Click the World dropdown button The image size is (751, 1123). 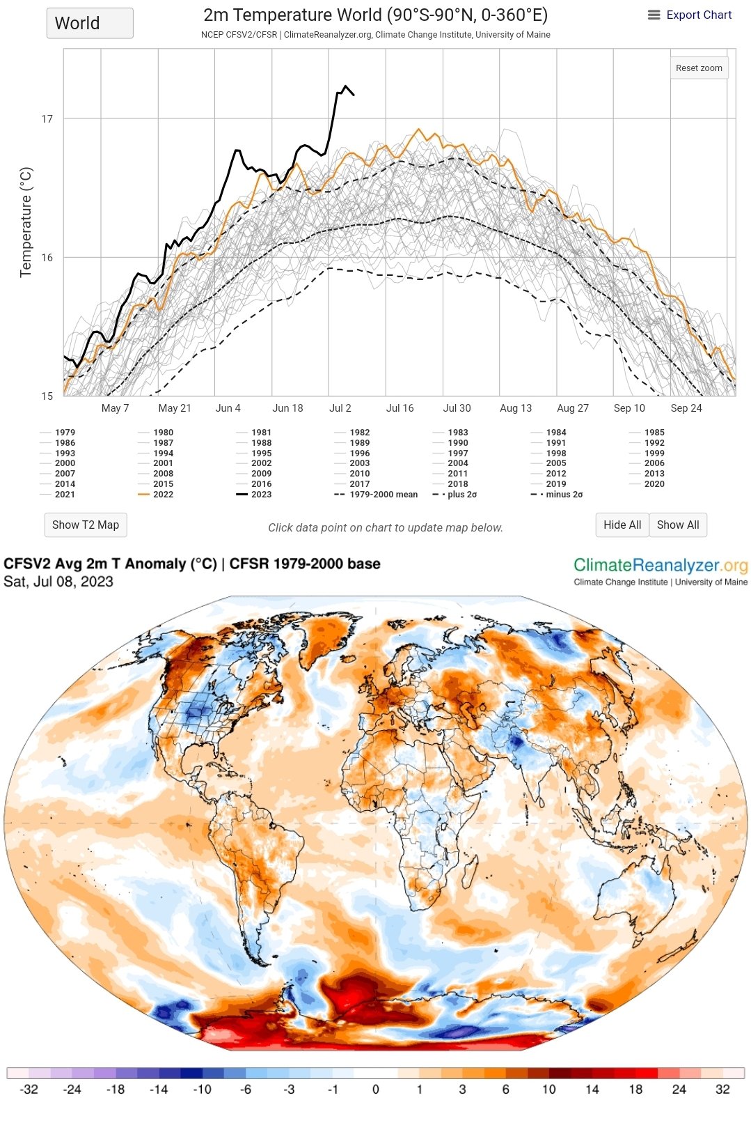coord(90,23)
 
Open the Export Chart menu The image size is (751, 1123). coord(690,15)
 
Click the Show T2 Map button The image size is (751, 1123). coord(86,525)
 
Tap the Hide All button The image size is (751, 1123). coord(622,525)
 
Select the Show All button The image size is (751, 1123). coord(677,525)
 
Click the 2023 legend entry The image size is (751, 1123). coord(261,494)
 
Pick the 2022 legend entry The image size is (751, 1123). coord(163,494)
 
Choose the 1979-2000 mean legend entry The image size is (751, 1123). coord(383,494)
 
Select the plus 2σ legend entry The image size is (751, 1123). coord(462,494)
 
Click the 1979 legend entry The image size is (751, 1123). coord(65,432)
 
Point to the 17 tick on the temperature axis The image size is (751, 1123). coord(47,119)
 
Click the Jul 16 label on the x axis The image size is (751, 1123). coord(400,408)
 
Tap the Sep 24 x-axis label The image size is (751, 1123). coord(686,408)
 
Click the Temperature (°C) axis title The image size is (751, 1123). coord(26,222)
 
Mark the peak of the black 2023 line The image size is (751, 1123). coord(345,86)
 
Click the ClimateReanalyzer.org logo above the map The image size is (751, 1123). coord(660,566)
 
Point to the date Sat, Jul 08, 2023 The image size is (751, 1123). coord(58,582)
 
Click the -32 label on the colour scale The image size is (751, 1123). coord(29,1090)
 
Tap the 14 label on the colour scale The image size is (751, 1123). coord(592,1090)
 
